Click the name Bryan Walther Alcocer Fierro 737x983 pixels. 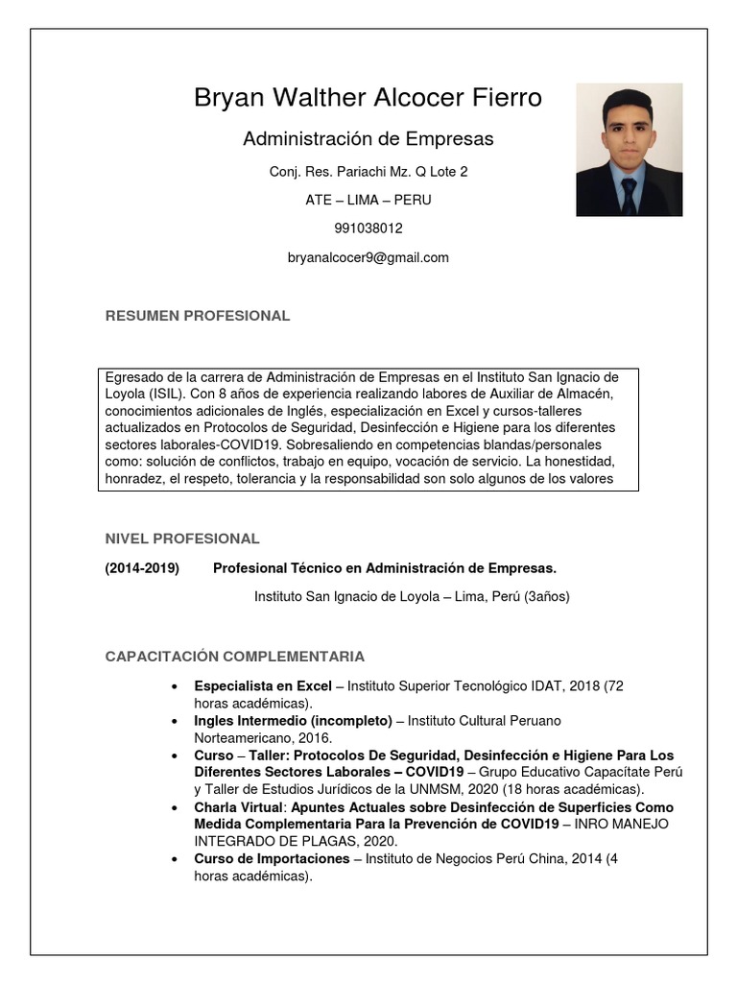coord(368,98)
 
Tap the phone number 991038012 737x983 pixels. coord(368,228)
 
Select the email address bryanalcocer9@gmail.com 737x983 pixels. coord(368,257)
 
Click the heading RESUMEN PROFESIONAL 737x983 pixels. coord(197,316)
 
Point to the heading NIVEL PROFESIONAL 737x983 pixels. coord(181,539)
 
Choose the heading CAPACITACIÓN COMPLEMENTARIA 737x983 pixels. coord(234,657)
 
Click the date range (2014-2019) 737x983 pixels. coord(142,568)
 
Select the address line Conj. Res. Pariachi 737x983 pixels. coord(368,172)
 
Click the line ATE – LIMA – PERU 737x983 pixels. coord(368,200)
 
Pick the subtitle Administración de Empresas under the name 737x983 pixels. coord(368,139)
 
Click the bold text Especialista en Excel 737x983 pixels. coord(262,686)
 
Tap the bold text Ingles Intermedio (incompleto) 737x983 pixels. coord(293,720)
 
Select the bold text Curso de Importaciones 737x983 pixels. coord(271,859)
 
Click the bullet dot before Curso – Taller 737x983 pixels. coord(173,755)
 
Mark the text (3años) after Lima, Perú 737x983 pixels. coord(546,596)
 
